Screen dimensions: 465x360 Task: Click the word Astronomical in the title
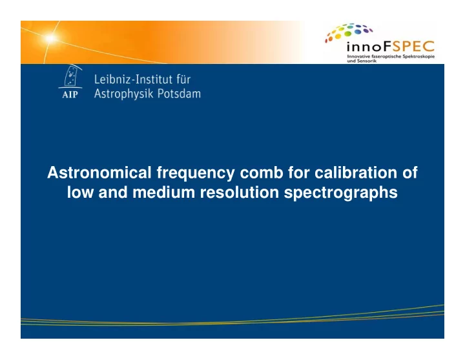point(99,173)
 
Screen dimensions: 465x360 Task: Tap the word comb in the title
point(262,173)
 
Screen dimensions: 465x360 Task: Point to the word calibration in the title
point(356,173)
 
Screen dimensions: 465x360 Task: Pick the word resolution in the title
point(240,193)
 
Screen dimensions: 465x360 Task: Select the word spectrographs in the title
point(340,193)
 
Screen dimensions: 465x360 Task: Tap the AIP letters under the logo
point(70,94)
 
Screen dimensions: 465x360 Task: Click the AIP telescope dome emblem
point(71,76)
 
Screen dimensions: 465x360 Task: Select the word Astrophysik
point(123,94)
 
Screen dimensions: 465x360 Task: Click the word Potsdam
point(179,94)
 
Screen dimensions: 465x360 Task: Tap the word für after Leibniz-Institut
point(183,79)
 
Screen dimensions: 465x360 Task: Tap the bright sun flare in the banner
point(50,38)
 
